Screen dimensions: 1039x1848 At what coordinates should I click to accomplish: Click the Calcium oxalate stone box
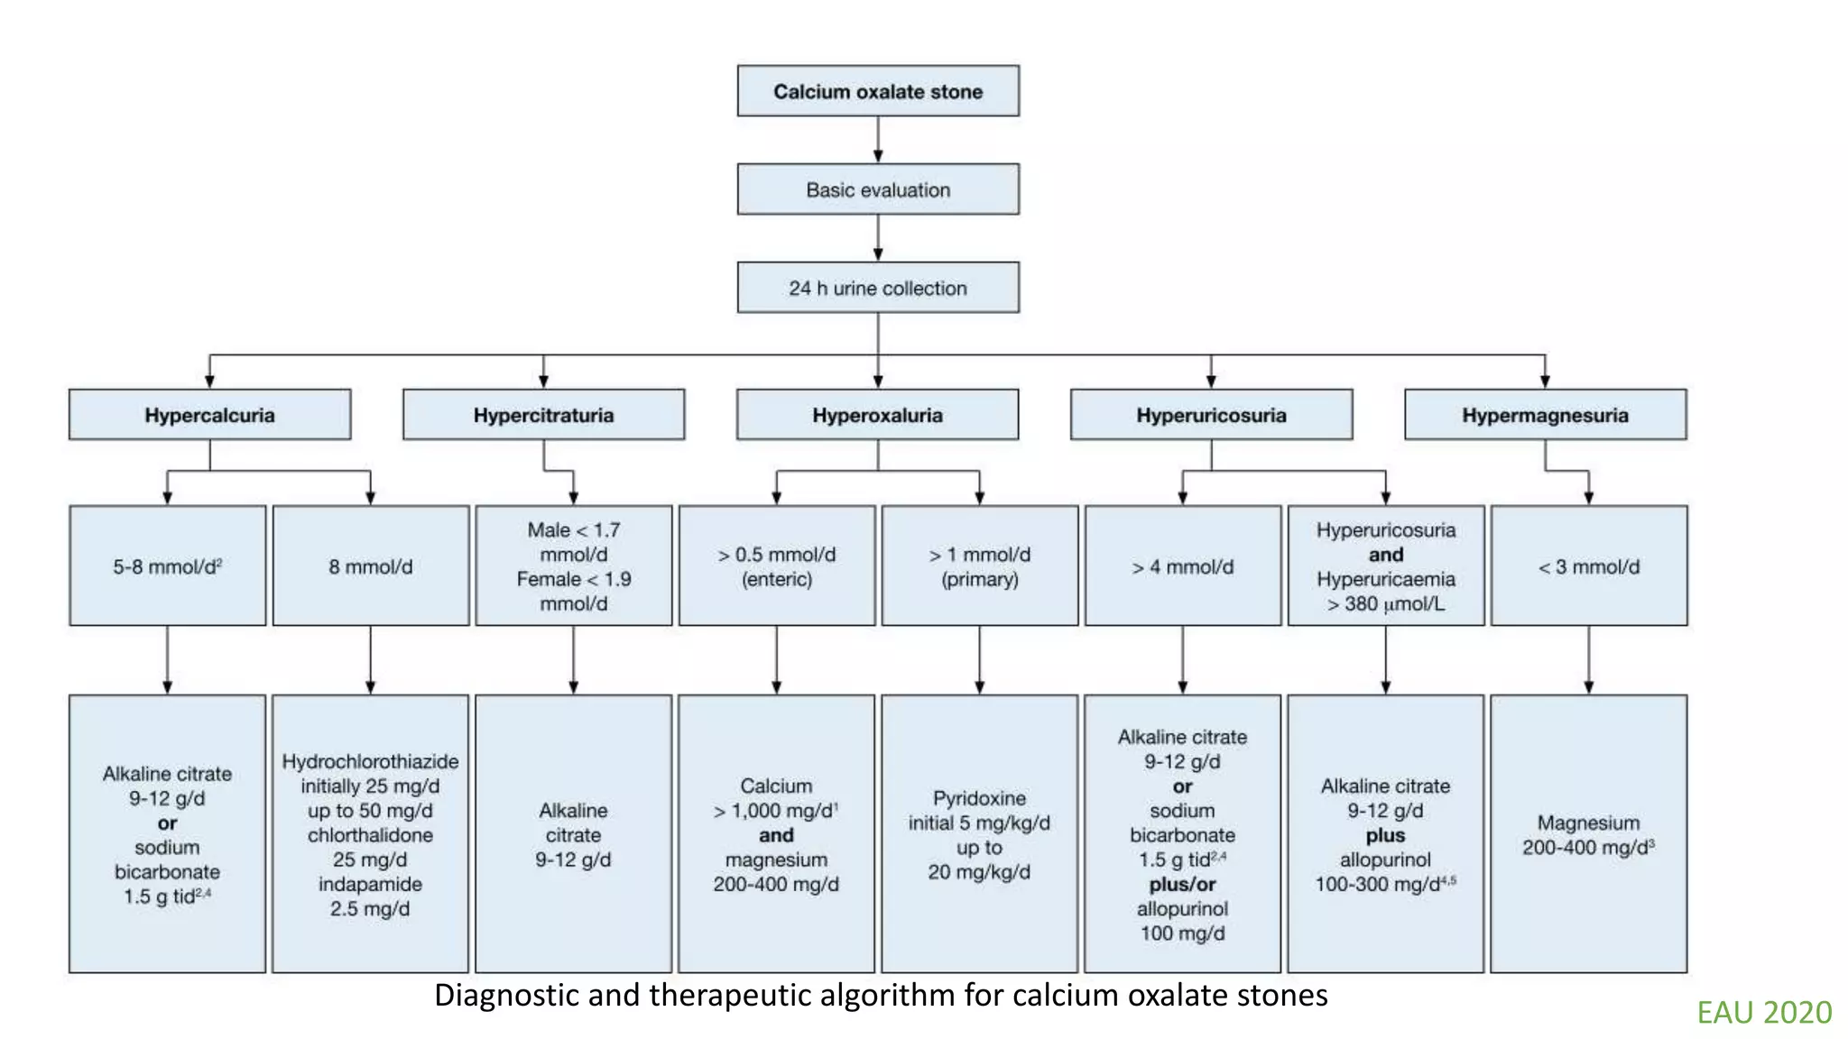(877, 91)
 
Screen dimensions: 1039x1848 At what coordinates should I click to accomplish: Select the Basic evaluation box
(877, 189)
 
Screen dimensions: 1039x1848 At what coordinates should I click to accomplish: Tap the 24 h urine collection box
(877, 288)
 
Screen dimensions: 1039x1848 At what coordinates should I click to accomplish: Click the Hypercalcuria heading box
(209, 415)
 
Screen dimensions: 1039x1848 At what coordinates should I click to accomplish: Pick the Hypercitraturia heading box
(543, 415)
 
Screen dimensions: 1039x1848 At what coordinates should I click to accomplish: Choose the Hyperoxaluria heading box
(877, 415)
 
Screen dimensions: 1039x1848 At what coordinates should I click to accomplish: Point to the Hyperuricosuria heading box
(1211, 415)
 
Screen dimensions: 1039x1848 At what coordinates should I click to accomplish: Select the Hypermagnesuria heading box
(1545, 415)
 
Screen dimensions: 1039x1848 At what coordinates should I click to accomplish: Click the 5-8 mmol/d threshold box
(167, 566)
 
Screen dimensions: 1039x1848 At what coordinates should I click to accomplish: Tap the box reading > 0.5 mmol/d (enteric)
(776, 566)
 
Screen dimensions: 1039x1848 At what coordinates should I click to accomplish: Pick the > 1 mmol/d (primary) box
(979, 566)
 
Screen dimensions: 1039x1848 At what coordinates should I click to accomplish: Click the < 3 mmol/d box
(1588, 566)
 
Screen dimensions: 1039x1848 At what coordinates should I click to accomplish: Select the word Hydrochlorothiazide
(370, 761)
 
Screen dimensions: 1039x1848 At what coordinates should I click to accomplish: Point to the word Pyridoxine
(979, 798)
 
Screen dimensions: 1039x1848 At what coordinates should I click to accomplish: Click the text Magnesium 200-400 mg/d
(1588, 835)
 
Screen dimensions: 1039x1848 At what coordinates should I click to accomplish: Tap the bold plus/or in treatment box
(1182, 884)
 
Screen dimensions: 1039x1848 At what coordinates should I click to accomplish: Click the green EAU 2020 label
(1764, 1012)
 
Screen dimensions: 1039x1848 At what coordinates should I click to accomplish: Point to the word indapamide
(370, 884)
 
